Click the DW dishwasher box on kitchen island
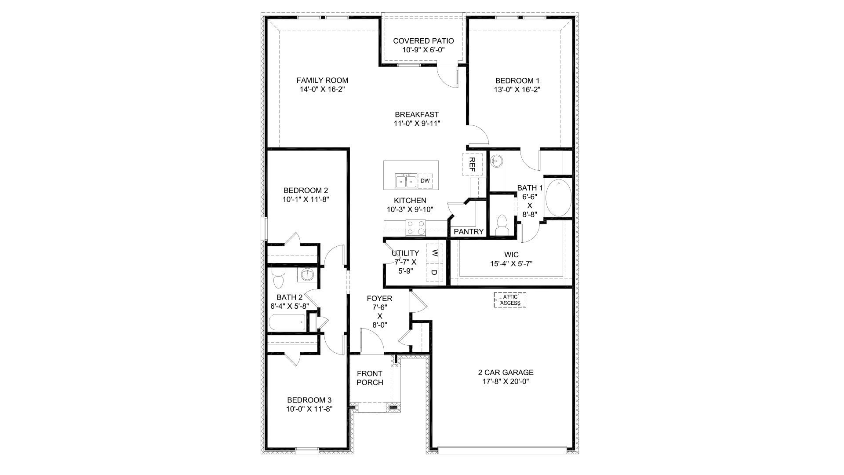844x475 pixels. point(425,181)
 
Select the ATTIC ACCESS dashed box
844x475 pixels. point(510,300)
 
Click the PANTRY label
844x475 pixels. point(469,231)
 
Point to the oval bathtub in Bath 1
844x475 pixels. point(558,197)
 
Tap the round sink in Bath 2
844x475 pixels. point(307,275)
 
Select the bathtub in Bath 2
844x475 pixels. point(287,323)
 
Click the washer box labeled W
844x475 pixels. point(434,253)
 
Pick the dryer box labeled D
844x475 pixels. point(434,273)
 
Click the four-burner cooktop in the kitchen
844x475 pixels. point(416,228)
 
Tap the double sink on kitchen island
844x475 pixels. point(406,181)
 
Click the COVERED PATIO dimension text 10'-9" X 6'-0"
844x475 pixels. point(423,50)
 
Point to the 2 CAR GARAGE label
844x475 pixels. point(506,373)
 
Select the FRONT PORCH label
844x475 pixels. point(370,378)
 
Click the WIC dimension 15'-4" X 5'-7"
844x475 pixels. point(511,263)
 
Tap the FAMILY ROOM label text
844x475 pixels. point(322,80)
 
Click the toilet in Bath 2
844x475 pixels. point(278,278)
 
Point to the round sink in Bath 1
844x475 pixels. point(497,161)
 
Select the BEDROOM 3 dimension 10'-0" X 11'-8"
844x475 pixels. point(309,409)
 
